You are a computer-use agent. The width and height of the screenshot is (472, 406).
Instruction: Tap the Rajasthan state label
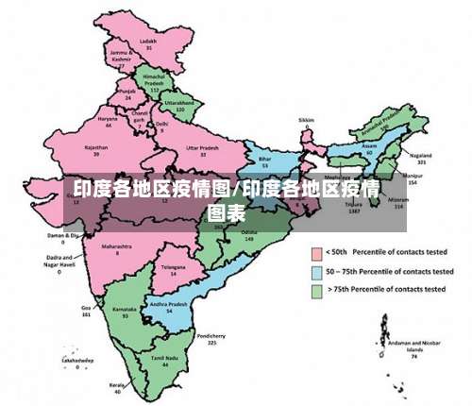96,148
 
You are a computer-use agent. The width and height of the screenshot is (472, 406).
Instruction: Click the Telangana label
169,268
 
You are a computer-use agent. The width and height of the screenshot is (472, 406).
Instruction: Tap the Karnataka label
125,309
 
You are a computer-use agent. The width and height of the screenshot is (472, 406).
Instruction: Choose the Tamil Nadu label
165,359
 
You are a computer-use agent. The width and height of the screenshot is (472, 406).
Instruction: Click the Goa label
86,309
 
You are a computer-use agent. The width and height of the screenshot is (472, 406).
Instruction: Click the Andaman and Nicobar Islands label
413,345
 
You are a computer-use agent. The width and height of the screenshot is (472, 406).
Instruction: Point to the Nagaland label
421,155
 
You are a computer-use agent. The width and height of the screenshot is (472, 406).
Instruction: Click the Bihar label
264,161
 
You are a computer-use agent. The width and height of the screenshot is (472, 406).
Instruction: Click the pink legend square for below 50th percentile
316,252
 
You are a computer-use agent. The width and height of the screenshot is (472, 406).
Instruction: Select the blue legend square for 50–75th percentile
316,271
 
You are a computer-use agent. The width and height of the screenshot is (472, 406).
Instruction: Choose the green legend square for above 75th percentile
316,290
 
